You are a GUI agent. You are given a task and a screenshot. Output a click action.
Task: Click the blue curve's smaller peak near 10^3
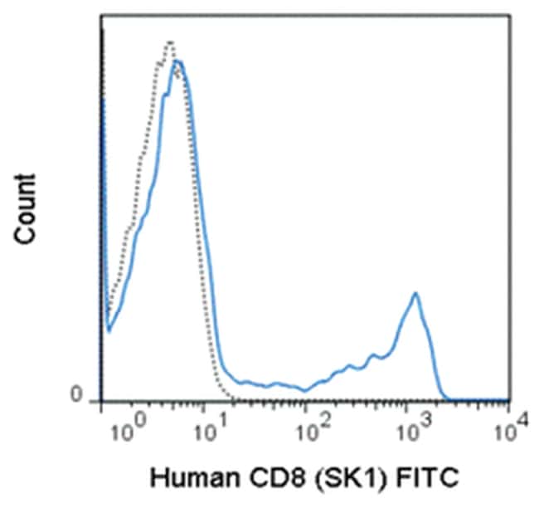415,293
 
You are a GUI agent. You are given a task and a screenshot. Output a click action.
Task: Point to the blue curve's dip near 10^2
305,389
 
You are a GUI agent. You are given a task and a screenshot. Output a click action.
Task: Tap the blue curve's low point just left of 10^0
109,330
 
